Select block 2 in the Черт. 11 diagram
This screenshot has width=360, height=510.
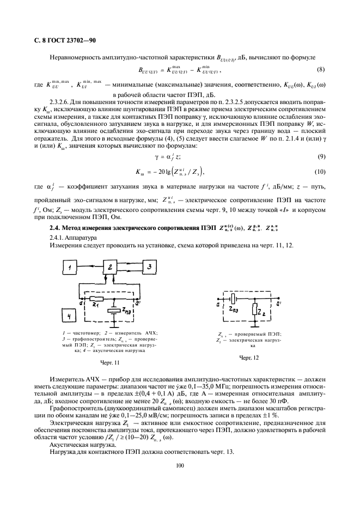pyautogui.click(x=111, y=268)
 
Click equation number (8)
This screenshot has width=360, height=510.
pyautogui.click(x=321, y=70)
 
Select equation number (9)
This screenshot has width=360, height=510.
pyautogui.click(x=321, y=157)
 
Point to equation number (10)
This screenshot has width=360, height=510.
pyautogui.click(x=320, y=172)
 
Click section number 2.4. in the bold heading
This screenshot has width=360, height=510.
pyautogui.click(x=56, y=227)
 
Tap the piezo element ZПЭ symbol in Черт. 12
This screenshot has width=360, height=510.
pyautogui.click(x=233, y=299)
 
